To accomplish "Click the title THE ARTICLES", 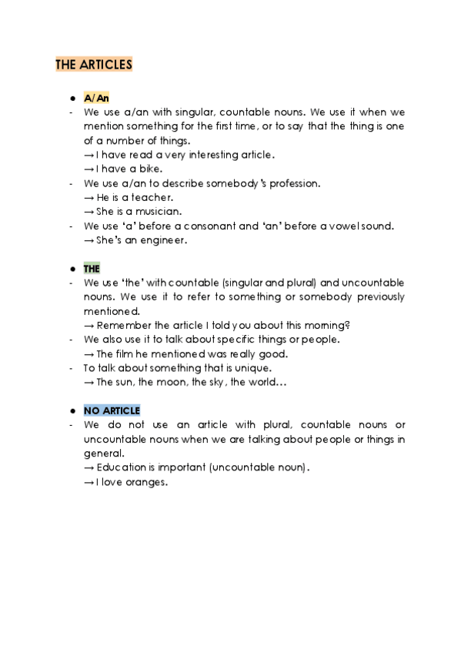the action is click(93, 65).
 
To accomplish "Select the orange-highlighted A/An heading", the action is click(96, 98).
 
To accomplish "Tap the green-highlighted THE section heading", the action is click(92, 269).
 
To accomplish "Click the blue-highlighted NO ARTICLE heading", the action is click(112, 410).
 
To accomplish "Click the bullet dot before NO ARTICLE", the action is click(71, 410).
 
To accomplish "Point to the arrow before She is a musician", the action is click(89, 211).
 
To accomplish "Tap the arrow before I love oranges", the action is click(89, 482).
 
